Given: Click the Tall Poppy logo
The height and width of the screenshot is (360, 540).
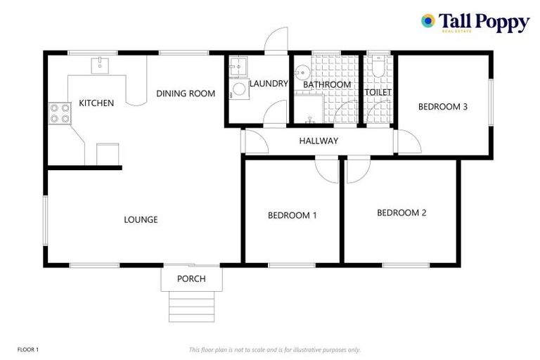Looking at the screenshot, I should [x=475, y=22].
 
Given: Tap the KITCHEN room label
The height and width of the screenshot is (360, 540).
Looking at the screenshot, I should [x=96, y=103].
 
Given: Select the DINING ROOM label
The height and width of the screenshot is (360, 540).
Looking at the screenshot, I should [x=186, y=94].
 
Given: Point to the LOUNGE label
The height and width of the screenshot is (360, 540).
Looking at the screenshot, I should [x=141, y=219].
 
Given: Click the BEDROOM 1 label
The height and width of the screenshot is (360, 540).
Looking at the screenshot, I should [x=292, y=215].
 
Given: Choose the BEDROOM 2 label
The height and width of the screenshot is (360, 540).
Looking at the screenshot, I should [x=401, y=212].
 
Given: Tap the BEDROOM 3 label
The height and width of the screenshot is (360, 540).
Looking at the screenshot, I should [x=443, y=107].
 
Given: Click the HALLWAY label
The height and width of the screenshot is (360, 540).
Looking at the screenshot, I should [x=319, y=141].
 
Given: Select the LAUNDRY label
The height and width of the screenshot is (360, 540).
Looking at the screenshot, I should [x=269, y=84].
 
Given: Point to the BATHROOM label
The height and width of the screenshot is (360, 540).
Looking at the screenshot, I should [x=327, y=85].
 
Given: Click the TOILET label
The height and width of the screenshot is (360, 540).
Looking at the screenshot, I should [x=378, y=92].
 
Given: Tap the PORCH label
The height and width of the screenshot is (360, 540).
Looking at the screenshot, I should [x=191, y=279].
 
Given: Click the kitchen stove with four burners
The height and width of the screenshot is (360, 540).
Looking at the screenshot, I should [x=59, y=113].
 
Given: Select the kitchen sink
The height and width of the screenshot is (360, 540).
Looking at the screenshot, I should [x=99, y=65].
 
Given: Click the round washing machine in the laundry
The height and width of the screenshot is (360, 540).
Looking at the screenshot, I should [x=239, y=89].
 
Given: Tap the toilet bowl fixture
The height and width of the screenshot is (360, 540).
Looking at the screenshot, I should [x=378, y=67].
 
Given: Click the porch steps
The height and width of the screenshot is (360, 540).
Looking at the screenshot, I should [x=191, y=307].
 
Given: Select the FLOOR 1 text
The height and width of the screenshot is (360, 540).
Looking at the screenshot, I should [x=27, y=349].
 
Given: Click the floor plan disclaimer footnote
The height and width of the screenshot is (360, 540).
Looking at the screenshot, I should [x=275, y=349].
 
